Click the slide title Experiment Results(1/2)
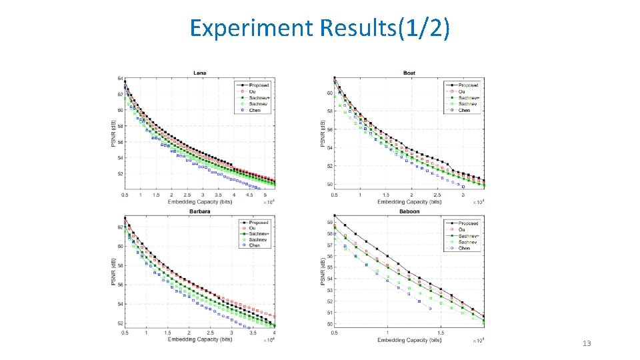[319, 28]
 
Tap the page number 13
[587, 343]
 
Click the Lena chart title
[199, 72]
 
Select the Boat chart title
[410, 72]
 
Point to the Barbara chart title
[199, 211]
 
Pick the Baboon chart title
[409, 211]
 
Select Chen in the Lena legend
[255, 110]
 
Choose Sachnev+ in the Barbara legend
[259, 234]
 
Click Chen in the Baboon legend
[464, 248]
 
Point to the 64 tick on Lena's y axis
[121, 79]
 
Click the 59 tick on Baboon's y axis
[329, 222]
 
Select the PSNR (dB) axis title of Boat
[323, 133]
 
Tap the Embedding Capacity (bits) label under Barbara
[199, 339]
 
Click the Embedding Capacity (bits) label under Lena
[199, 201]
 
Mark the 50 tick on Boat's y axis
[329, 185]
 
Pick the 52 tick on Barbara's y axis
[121, 323]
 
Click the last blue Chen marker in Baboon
[430, 309]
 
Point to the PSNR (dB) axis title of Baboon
[323, 271]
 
